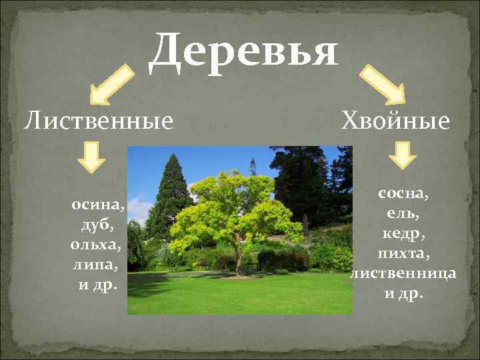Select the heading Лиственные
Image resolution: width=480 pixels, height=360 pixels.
(x=99, y=121)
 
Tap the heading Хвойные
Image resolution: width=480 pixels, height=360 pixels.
(x=395, y=121)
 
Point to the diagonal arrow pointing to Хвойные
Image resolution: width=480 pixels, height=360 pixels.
(x=383, y=85)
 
